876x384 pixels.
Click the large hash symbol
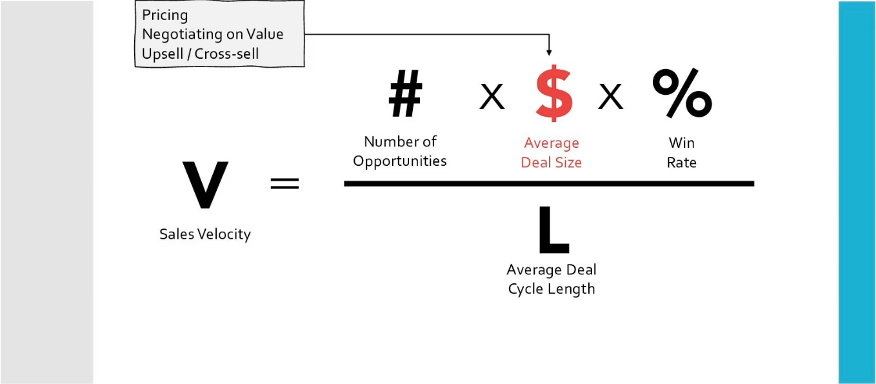click(405, 94)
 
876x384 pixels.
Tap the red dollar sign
click(553, 95)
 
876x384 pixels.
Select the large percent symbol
click(682, 94)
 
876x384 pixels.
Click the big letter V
click(205, 185)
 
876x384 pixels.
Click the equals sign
click(284, 184)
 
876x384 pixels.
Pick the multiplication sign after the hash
click(492, 97)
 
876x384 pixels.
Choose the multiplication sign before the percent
click(610, 97)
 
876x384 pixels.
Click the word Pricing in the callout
click(165, 15)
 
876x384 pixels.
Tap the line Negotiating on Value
click(213, 34)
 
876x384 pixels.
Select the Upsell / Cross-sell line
click(200, 54)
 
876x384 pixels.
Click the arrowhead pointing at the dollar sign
click(549, 52)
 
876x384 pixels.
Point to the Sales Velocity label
click(205, 234)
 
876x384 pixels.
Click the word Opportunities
click(400, 161)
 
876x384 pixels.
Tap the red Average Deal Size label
click(552, 153)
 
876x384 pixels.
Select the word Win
click(682, 143)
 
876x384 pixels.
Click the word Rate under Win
click(682, 162)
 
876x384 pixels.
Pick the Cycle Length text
click(552, 288)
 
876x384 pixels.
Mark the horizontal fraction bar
click(549, 184)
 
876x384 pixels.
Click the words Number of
click(400, 141)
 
